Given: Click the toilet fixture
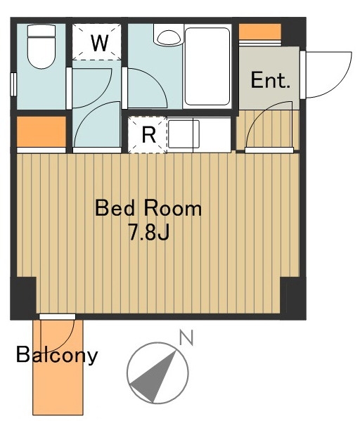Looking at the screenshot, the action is (41, 46).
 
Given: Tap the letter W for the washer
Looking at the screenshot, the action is (100, 43).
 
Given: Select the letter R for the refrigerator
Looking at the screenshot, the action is (148, 134).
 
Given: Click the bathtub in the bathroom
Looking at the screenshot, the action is (207, 66).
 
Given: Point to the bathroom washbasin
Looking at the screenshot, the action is (169, 37).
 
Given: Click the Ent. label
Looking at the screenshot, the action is (270, 79).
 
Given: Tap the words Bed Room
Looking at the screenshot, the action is (148, 208).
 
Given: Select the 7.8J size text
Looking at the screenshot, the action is (149, 232).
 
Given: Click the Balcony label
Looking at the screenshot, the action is (57, 355).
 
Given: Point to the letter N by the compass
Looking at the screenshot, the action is (186, 338).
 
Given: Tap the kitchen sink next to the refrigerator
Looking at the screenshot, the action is (184, 134).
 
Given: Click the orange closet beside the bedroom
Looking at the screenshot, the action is (41, 131).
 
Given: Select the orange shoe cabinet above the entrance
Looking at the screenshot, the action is (259, 32).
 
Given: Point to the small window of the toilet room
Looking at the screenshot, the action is (13, 84).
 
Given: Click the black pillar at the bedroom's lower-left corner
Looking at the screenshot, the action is (23, 297).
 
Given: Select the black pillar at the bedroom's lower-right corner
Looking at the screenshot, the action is (293, 297).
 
